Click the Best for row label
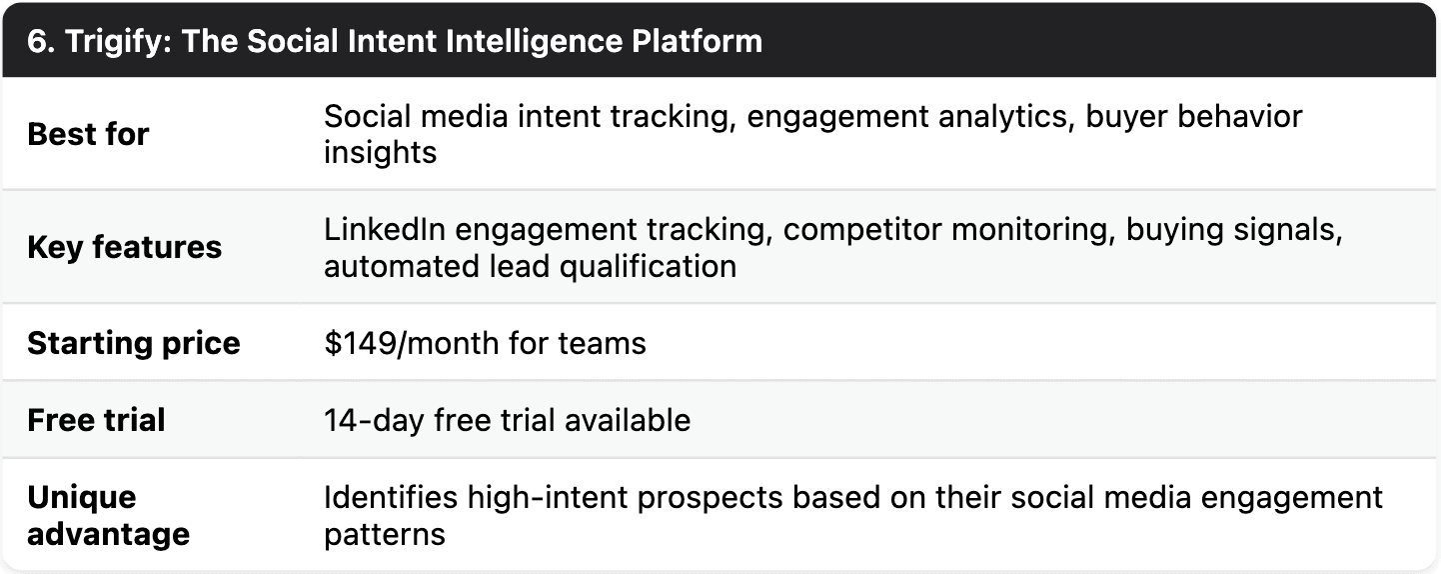[88, 134]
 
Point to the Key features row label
[124, 247]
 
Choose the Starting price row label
[133, 343]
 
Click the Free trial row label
[96, 420]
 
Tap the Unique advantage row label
[108, 515]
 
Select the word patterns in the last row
[384, 533]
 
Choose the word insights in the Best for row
[380, 152]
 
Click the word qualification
[651, 266]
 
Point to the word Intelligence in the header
[536, 41]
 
